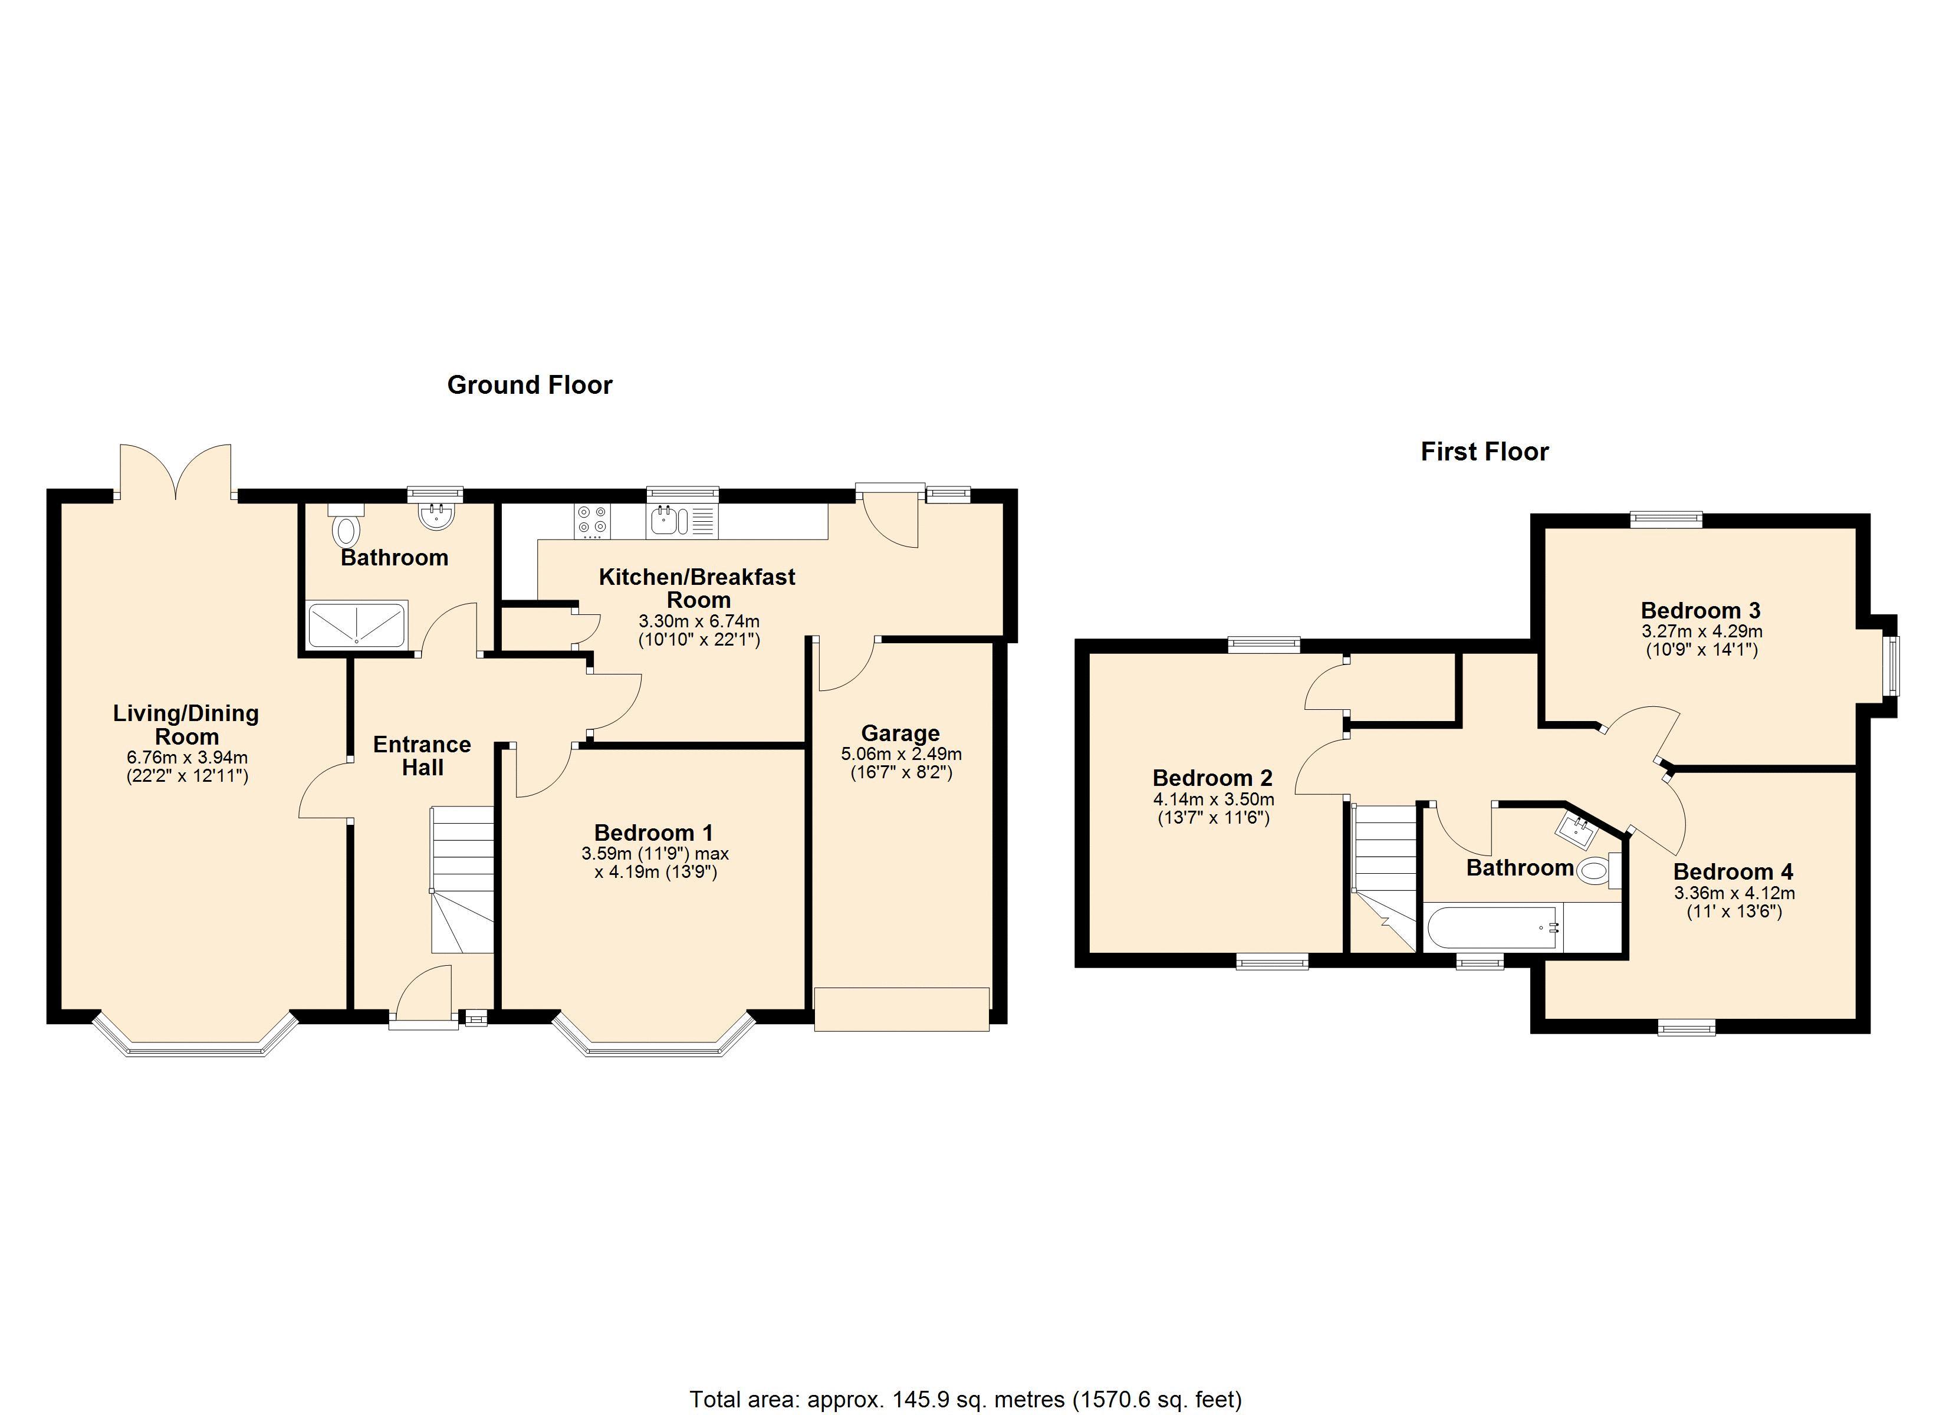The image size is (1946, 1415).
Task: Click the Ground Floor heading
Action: tap(530, 385)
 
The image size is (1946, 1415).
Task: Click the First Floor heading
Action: tap(1484, 452)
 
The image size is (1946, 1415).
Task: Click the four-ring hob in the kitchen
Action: tap(592, 520)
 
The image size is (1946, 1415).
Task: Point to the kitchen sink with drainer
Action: tap(682, 521)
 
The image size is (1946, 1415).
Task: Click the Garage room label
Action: tap(900, 733)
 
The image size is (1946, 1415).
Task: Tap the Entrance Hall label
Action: tap(422, 756)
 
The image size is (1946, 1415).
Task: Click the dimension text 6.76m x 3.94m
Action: tap(187, 758)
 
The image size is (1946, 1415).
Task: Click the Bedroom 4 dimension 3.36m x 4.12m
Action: tap(1734, 893)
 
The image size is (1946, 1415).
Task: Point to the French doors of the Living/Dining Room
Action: tap(176, 471)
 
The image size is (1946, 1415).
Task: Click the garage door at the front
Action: tap(902, 1009)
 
